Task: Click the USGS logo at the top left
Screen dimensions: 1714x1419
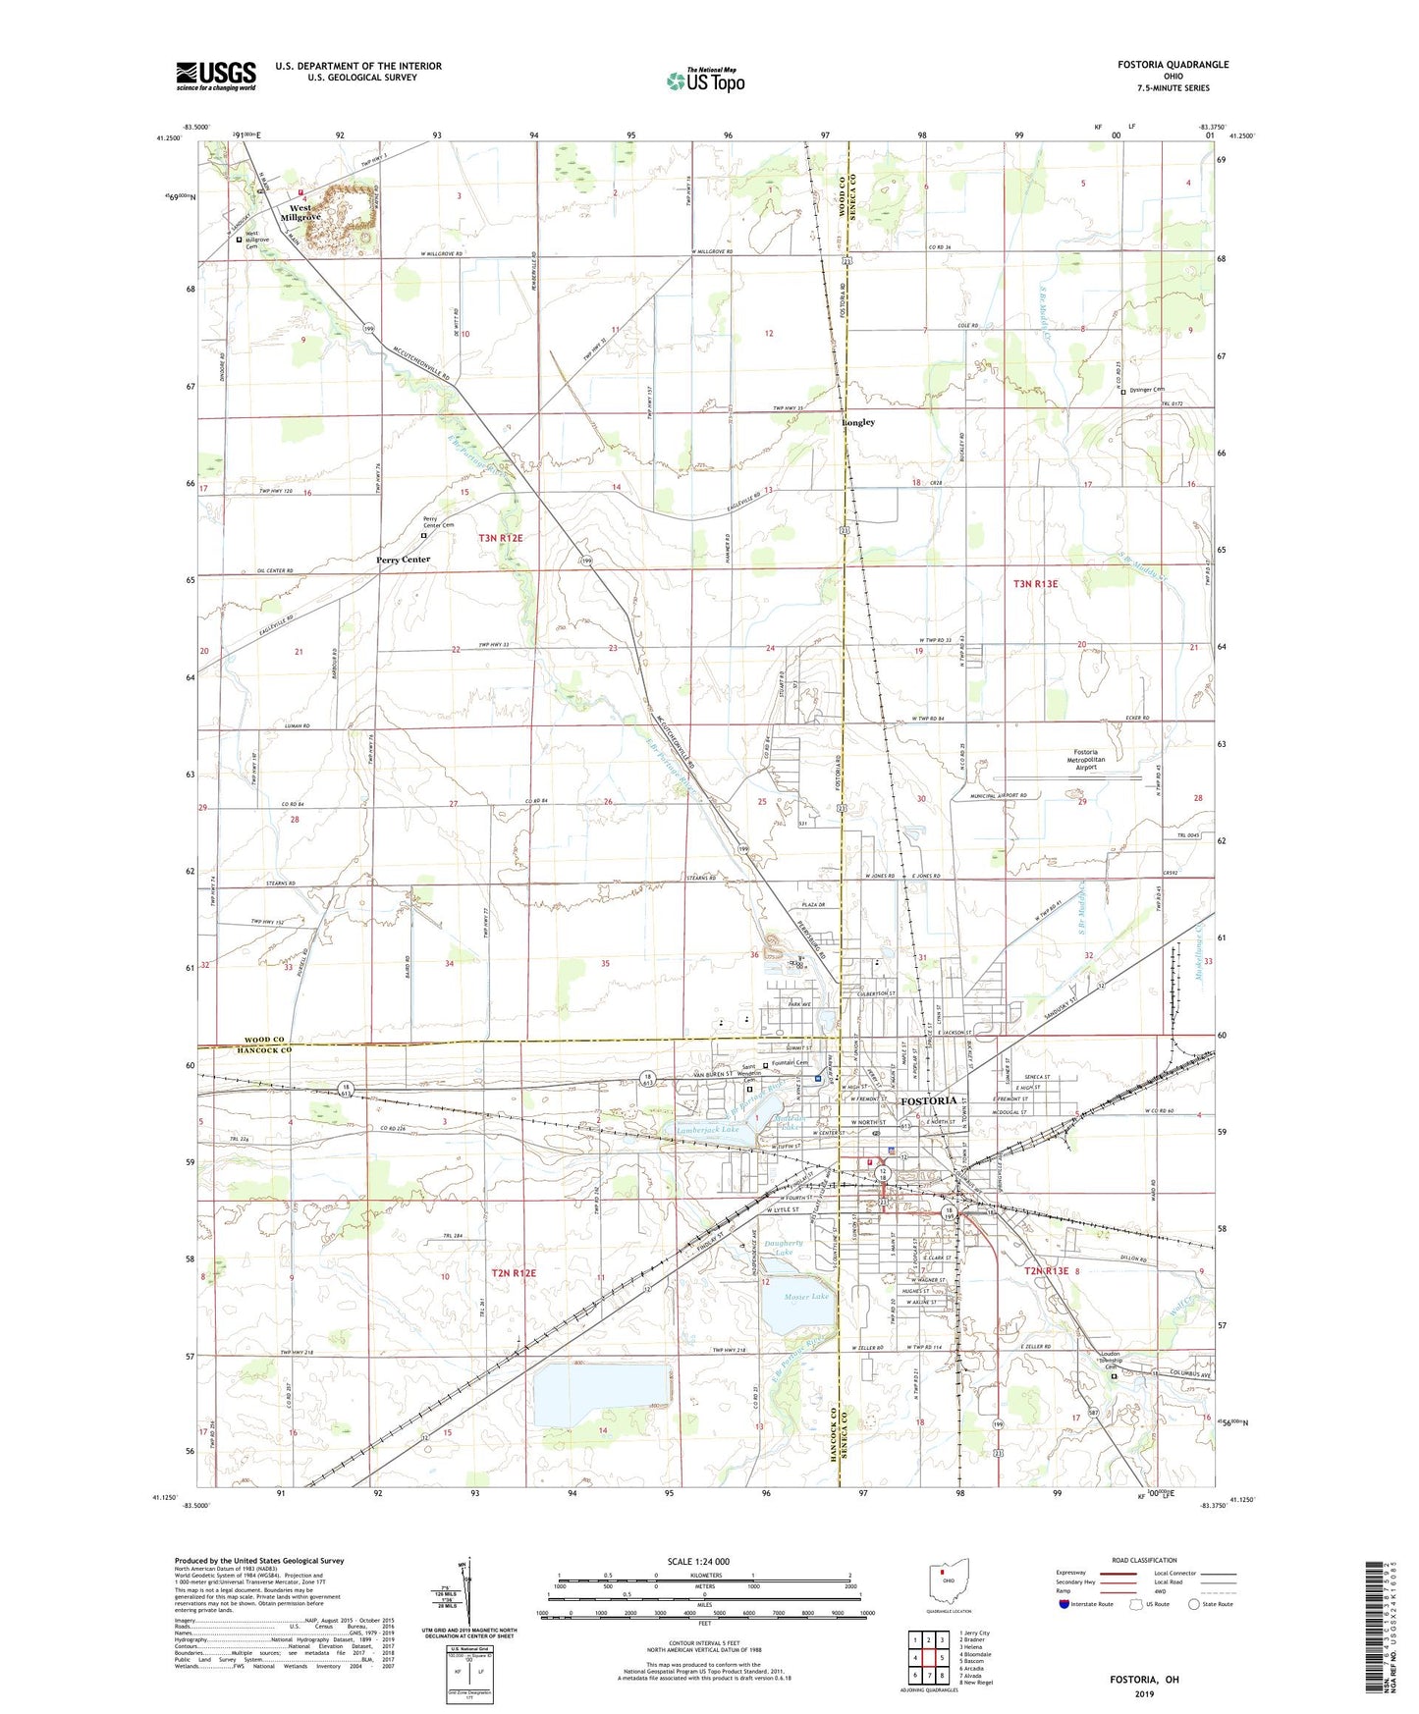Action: click(216, 76)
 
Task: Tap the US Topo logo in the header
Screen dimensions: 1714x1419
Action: click(704, 80)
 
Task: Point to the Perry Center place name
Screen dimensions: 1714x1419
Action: click(403, 560)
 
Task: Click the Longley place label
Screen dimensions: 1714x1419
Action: click(858, 423)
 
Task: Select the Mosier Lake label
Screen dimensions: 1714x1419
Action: click(806, 1297)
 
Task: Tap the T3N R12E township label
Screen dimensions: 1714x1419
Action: click(508, 538)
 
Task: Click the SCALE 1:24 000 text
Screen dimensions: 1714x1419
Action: click(698, 1562)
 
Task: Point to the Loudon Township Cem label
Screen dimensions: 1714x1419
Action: click(1108, 1362)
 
